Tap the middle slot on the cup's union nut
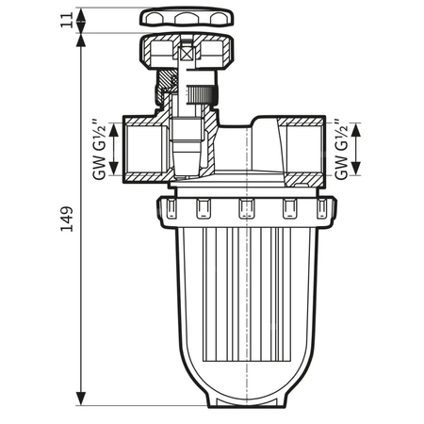(245, 208)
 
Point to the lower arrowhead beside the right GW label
(357, 175)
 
